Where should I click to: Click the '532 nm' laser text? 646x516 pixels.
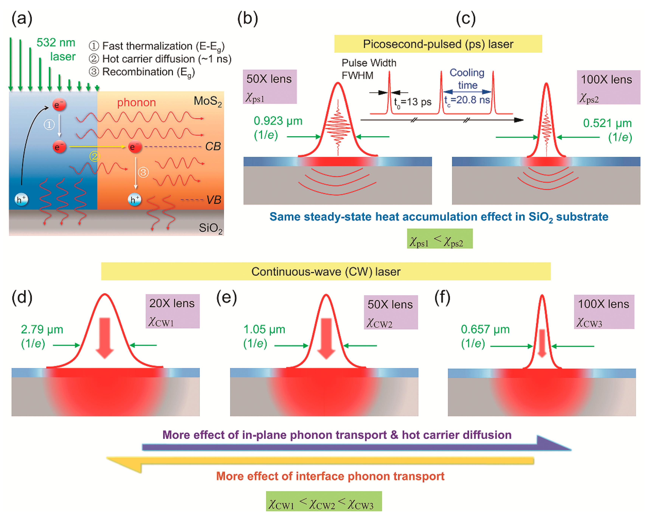coord(56,43)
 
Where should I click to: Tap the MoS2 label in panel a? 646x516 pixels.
coord(207,101)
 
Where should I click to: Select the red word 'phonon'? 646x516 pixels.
coord(136,103)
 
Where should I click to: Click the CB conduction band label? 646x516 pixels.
coord(213,146)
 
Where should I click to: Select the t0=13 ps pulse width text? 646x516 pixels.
coord(413,102)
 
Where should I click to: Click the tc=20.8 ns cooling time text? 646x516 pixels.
coord(467,100)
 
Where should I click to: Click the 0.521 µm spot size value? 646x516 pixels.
coord(607,123)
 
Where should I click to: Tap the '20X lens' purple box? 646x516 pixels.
coord(172,311)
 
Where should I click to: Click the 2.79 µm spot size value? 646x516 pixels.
coord(42,329)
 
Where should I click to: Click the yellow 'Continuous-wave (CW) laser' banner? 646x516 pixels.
coord(326,271)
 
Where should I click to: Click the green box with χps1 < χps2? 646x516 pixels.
coord(440,239)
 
